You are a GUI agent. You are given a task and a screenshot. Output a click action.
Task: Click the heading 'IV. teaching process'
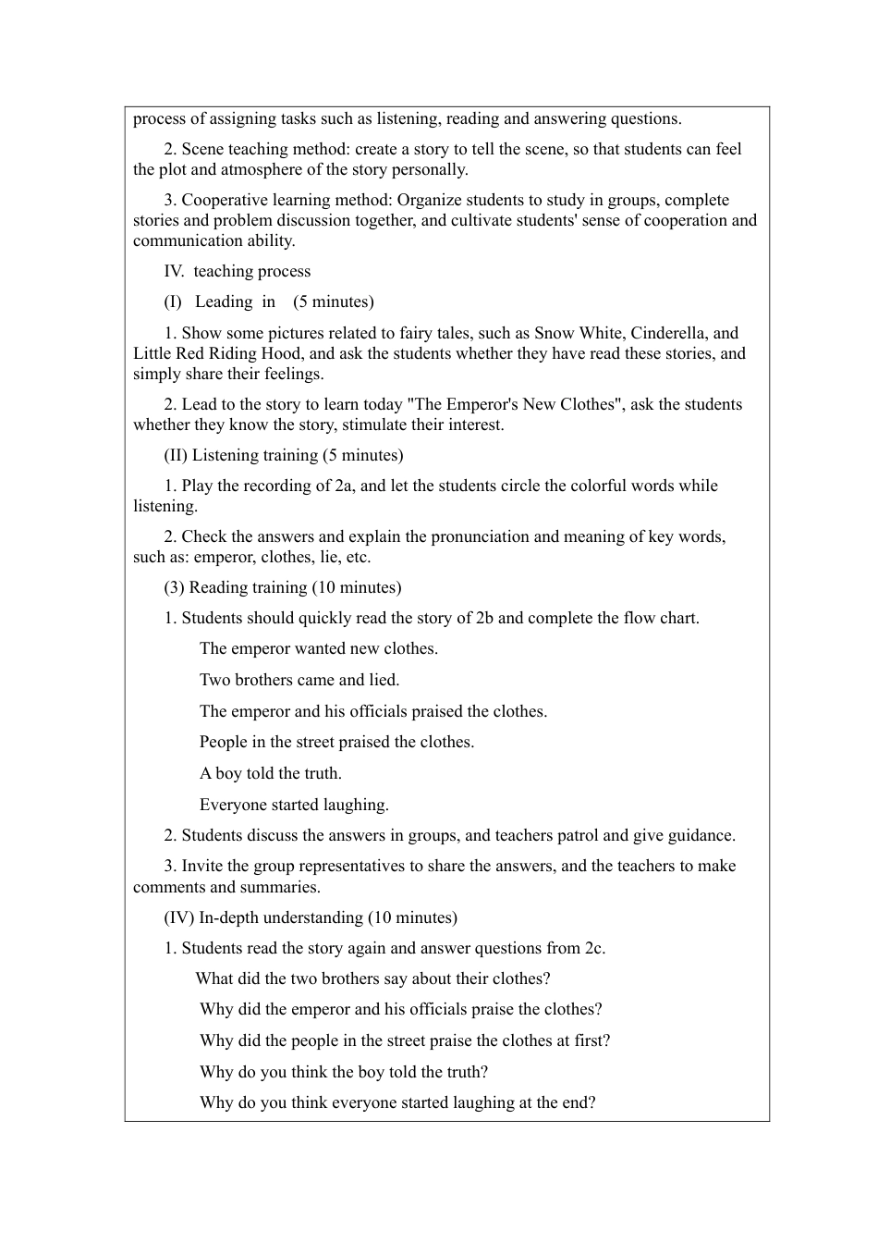(237, 271)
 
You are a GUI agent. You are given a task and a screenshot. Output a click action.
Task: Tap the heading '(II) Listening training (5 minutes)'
(283, 455)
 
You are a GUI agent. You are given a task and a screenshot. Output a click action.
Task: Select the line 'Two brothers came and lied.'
(299, 680)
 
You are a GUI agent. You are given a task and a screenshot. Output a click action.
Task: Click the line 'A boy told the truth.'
(270, 773)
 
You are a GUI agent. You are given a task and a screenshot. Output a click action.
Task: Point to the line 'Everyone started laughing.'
(294, 805)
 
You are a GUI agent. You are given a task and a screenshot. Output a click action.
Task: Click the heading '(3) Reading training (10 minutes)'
(282, 587)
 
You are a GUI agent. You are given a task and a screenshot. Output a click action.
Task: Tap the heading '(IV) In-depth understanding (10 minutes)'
(310, 917)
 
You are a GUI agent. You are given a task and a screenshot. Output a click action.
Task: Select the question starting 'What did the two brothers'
(372, 978)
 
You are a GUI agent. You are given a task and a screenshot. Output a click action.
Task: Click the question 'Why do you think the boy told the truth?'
(343, 1072)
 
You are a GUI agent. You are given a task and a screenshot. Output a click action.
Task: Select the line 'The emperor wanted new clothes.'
(318, 648)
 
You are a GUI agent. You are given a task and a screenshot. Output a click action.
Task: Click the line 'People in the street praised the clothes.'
(336, 742)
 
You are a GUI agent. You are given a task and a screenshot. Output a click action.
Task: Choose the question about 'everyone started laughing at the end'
(397, 1102)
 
